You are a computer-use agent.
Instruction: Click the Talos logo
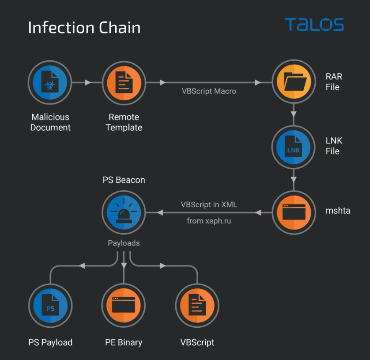coord(314,25)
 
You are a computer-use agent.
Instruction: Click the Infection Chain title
coord(84,28)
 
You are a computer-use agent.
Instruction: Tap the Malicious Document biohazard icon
coord(50,83)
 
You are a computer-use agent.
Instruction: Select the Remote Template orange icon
coord(124,83)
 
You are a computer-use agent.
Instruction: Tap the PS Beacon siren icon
coord(124,212)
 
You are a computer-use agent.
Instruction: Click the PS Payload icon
coord(50,305)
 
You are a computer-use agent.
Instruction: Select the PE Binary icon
coord(124,305)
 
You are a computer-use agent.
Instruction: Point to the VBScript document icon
coord(197,305)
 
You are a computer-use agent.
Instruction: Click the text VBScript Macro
coord(209,91)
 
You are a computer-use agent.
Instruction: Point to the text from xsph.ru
coord(209,221)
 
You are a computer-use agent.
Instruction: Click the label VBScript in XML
coord(208,204)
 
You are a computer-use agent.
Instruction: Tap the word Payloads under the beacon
coord(124,243)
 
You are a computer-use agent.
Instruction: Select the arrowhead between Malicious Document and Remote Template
coord(88,83)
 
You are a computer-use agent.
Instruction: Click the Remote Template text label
coord(124,122)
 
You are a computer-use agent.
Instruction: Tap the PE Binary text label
coord(124,342)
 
